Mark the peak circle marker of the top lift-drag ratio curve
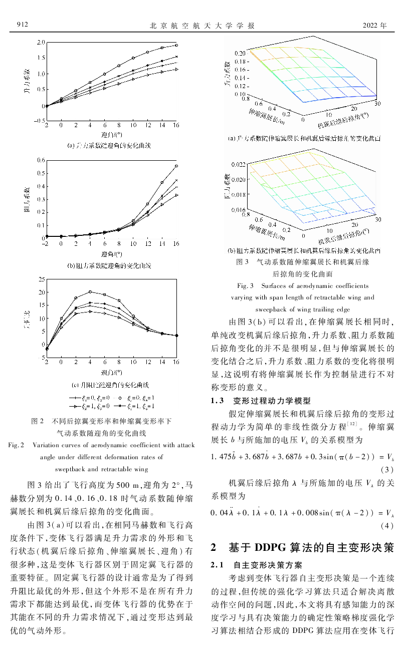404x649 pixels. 90,291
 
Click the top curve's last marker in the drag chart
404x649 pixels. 176,166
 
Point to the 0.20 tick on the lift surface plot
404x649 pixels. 240,53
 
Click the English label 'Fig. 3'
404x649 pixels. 246,286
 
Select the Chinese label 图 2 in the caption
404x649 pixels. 38,421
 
